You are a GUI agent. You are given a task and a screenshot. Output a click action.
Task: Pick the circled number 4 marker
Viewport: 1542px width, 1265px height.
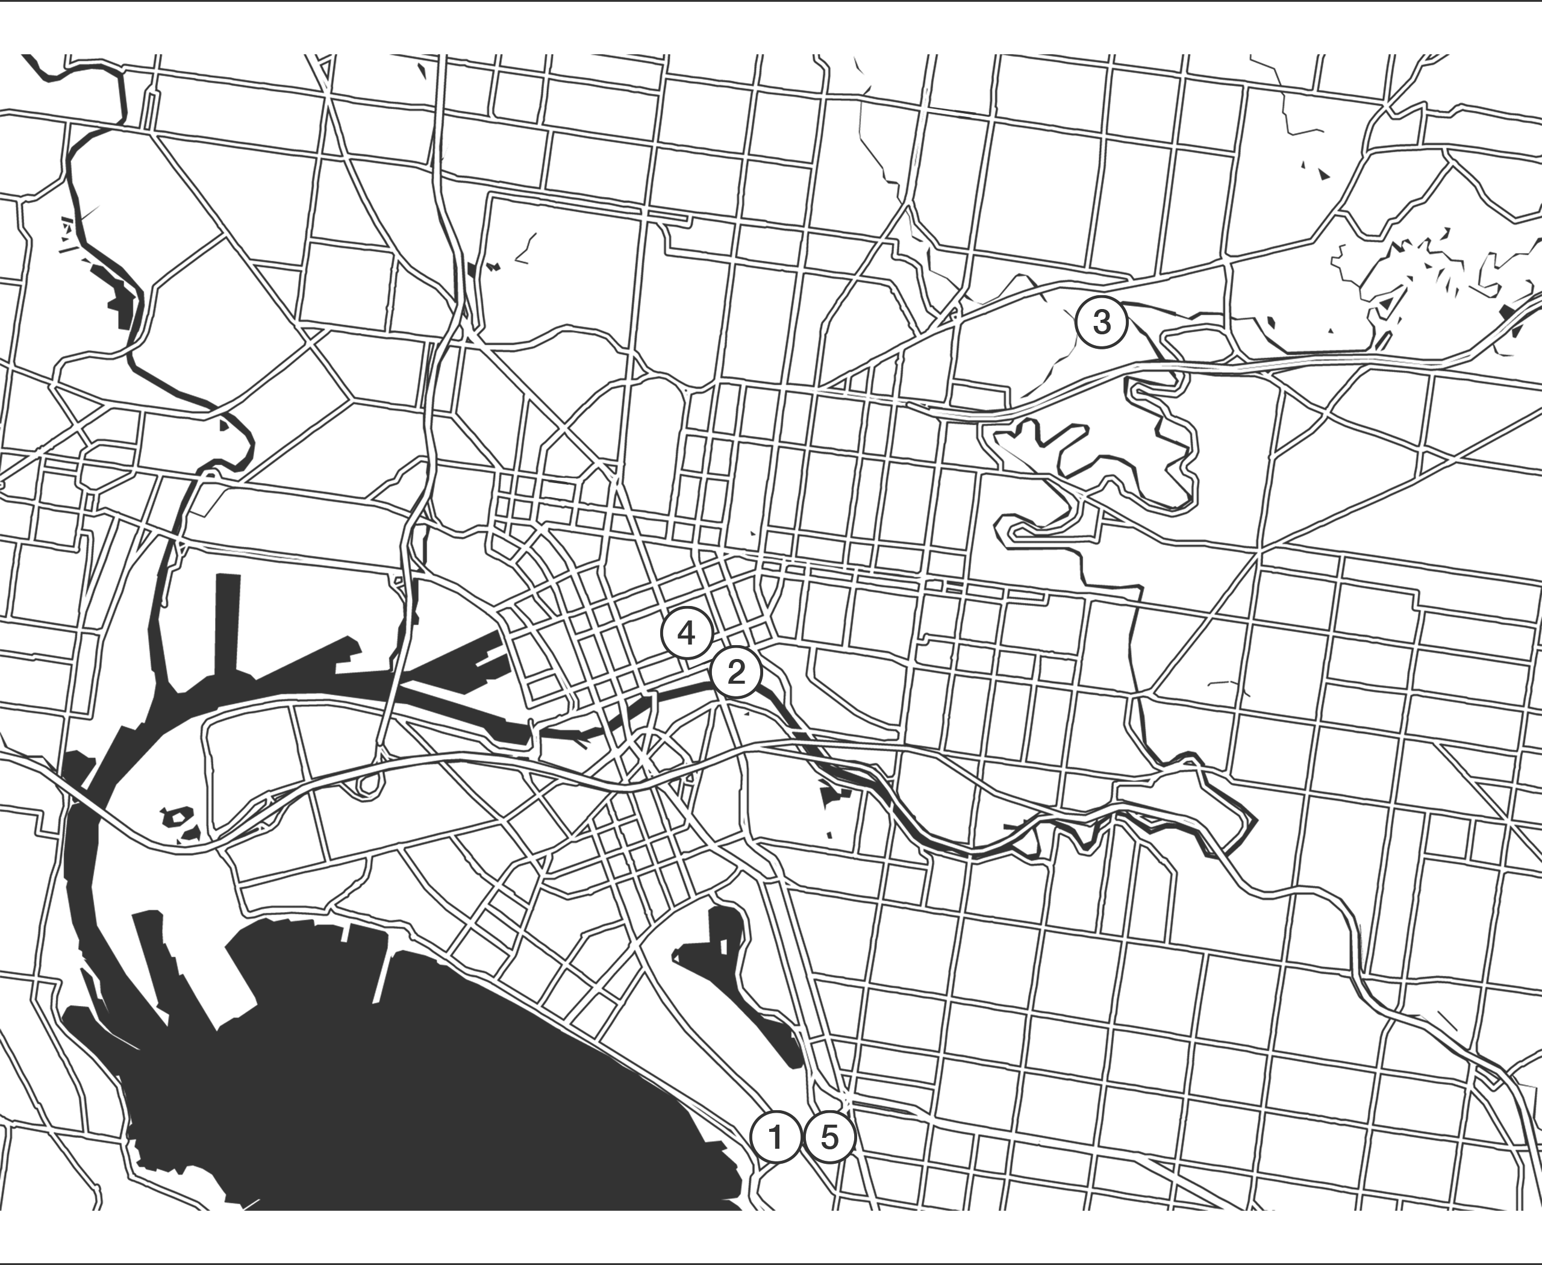[685, 633]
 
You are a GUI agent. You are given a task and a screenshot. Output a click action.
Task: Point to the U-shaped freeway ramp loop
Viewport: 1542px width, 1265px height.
[370, 783]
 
